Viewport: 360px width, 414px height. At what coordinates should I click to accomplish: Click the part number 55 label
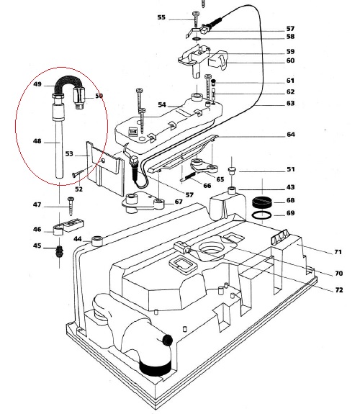pos(161,17)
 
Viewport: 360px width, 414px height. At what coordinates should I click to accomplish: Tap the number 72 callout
pos(339,290)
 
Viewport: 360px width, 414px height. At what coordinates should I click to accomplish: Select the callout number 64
pos(291,135)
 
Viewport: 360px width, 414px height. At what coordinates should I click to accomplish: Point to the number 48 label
pos(37,141)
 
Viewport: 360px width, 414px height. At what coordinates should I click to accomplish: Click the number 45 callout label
pos(37,246)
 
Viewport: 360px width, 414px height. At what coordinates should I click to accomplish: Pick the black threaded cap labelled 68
pos(262,202)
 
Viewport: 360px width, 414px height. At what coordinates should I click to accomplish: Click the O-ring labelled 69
pos(261,215)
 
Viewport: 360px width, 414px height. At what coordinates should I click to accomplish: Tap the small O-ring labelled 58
pos(197,40)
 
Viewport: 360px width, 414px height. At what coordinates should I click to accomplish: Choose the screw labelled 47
pos(71,206)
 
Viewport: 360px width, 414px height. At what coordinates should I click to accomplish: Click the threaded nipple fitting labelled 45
pos(59,252)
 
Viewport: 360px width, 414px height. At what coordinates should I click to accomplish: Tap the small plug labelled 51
pos(232,171)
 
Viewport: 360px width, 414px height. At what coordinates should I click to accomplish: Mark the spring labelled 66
pos(189,176)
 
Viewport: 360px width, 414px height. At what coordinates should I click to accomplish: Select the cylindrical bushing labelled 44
pos(97,241)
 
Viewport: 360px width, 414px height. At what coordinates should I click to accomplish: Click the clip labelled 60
pos(218,60)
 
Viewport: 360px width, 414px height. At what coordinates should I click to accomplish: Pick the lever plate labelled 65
pos(204,165)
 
